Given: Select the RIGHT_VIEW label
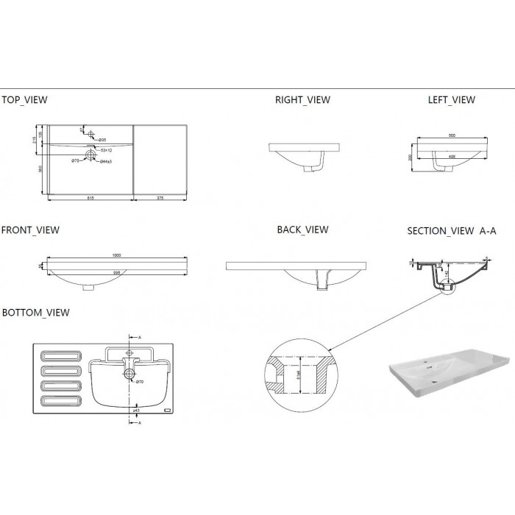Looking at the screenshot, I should (302, 99).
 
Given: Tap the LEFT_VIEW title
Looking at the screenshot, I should (451, 99).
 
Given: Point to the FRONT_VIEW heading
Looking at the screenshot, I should (30, 230).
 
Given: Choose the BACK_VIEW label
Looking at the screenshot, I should (302, 230).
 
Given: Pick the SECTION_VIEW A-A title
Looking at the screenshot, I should (452, 231).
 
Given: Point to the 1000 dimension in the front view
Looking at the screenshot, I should (117, 255).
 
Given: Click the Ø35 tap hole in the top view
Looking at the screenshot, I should (91, 134).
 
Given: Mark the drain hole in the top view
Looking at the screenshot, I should (91, 154).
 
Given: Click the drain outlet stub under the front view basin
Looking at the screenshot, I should (88, 288).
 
